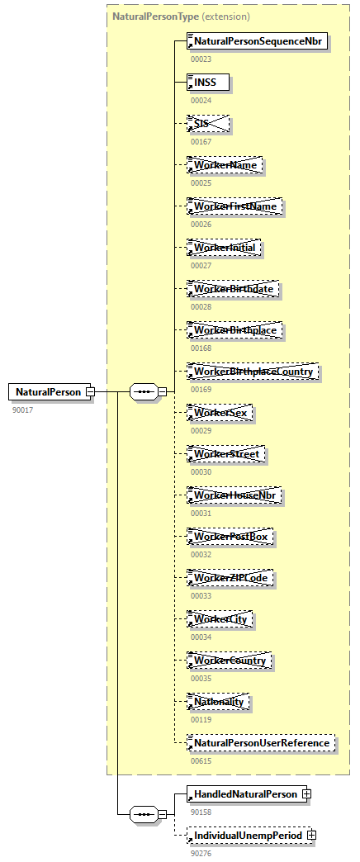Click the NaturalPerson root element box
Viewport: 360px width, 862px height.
(x=48, y=391)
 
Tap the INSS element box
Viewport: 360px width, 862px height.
(x=208, y=83)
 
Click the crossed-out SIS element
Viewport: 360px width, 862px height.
(x=208, y=124)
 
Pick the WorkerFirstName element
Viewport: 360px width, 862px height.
(x=235, y=206)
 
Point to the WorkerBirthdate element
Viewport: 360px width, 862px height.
(x=234, y=289)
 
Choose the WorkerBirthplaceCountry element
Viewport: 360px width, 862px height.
(x=253, y=372)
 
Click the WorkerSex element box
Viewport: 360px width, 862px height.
(x=220, y=413)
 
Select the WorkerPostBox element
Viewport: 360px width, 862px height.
(x=230, y=537)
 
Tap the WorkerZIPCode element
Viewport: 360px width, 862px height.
(x=230, y=578)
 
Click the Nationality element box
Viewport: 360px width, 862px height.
(x=219, y=702)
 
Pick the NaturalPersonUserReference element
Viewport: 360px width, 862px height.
(x=262, y=743)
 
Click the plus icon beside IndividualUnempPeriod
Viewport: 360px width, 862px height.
(x=311, y=836)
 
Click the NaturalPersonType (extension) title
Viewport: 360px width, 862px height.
(x=181, y=17)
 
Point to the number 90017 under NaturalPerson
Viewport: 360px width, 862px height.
(x=23, y=410)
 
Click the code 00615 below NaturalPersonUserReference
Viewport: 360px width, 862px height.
(x=201, y=760)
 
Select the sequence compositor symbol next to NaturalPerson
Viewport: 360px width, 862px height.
(x=143, y=392)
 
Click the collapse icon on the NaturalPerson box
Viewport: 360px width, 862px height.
(x=91, y=391)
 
